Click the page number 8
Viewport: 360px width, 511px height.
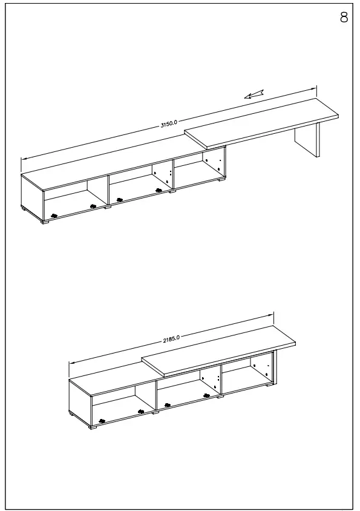click(x=344, y=18)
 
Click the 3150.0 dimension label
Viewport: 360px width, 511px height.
click(x=169, y=124)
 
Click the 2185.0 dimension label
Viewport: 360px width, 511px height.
click(x=171, y=338)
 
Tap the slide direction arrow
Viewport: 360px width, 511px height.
click(x=255, y=93)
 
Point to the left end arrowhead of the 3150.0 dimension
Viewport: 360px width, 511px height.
click(x=23, y=159)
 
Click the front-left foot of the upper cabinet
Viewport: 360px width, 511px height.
click(x=46, y=222)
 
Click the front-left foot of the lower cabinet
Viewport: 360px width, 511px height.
click(x=94, y=427)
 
